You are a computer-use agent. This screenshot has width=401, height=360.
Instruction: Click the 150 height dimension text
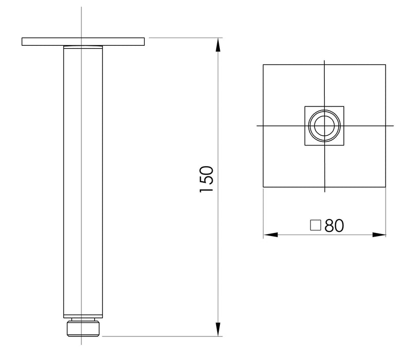206,179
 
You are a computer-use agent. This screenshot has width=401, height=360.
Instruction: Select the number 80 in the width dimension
334,225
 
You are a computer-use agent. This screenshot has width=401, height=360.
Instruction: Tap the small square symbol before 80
316,225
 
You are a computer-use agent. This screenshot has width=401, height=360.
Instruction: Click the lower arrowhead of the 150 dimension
218,329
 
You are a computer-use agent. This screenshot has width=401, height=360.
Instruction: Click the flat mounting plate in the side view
83,42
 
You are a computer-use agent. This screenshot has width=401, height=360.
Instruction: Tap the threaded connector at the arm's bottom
82,328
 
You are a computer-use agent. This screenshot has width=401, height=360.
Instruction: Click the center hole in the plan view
324,125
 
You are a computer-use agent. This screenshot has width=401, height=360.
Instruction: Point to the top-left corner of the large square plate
264,65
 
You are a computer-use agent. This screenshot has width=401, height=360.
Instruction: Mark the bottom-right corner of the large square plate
386,187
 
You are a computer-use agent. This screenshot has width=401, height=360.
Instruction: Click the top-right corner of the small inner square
344,106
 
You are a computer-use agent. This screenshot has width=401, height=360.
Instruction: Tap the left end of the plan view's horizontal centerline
257,125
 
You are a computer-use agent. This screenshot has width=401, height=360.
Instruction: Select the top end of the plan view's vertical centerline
324,61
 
